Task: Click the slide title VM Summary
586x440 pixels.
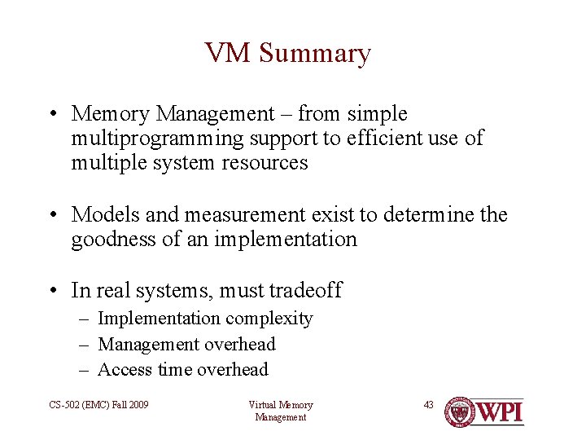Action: click(x=287, y=53)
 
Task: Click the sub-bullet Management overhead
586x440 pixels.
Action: click(x=186, y=344)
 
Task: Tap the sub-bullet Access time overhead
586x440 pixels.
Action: click(x=182, y=369)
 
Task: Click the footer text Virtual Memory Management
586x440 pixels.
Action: click(x=280, y=411)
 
